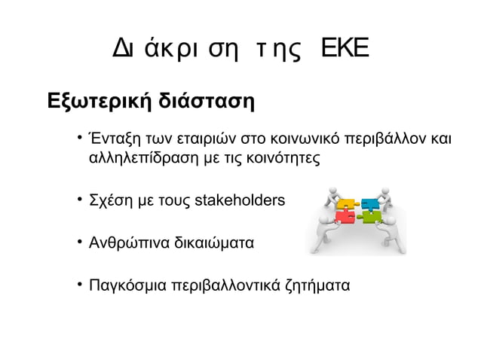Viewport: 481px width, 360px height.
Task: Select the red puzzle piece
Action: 345,218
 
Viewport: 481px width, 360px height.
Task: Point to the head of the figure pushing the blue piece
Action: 384,190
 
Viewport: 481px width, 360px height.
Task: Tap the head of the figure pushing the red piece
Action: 324,219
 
